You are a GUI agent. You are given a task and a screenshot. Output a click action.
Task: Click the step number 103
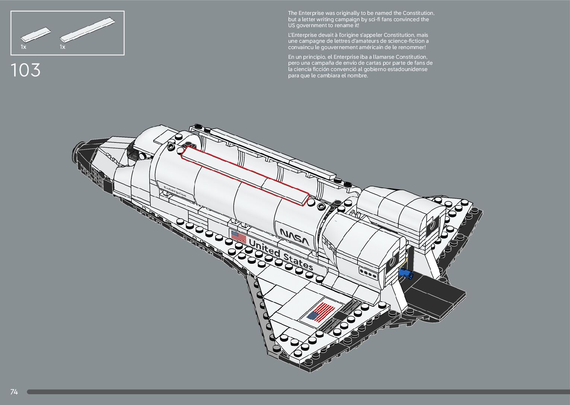click(25, 70)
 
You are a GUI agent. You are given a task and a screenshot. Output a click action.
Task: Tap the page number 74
click(14, 392)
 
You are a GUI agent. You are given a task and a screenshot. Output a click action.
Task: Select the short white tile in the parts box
click(36, 35)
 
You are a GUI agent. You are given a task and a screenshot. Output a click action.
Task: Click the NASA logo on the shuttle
click(294, 237)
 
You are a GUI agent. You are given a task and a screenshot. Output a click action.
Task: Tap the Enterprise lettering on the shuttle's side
click(175, 192)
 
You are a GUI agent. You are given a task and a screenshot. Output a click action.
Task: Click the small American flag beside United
click(239, 237)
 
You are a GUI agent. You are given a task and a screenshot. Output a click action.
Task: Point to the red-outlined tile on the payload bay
click(245, 176)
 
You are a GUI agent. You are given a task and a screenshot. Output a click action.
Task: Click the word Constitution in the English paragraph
click(418, 13)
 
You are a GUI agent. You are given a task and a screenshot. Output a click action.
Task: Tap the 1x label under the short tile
click(23, 47)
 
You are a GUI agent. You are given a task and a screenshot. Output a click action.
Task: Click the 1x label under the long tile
click(63, 47)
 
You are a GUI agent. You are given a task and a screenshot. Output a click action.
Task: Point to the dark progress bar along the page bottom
click(298, 392)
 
